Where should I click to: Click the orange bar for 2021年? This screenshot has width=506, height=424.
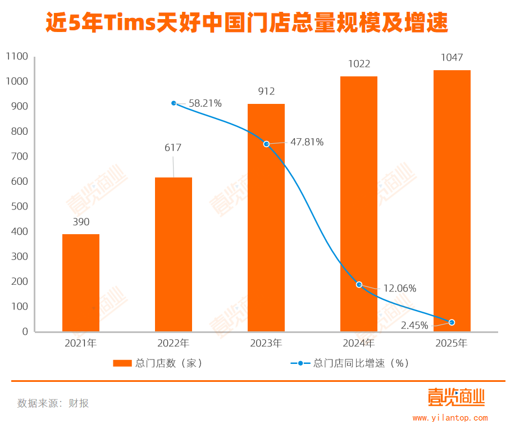click(81, 282)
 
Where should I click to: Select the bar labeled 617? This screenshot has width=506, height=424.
click(174, 254)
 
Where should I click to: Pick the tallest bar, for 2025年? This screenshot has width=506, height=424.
click(452, 200)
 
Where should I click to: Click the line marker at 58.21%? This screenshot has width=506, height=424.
click(174, 103)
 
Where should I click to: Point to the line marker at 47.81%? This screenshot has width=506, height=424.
click(266, 144)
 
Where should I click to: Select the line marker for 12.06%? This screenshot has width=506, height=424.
click(359, 285)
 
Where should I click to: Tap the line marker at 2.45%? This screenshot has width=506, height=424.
click(452, 322)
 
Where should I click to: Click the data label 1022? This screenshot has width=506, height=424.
click(359, 64)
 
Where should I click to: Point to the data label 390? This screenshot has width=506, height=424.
click(81, 222)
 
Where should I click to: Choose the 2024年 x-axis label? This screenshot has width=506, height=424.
click(359, 343)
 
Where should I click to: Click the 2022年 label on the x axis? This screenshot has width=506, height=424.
click(174, 343)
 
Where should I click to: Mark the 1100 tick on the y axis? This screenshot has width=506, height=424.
click(17, 57)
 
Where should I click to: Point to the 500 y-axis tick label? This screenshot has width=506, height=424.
click(19, 206)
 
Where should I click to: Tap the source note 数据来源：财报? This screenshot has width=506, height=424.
click(53, 403)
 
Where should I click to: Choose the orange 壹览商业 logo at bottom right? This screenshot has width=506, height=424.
click(455, 398)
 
